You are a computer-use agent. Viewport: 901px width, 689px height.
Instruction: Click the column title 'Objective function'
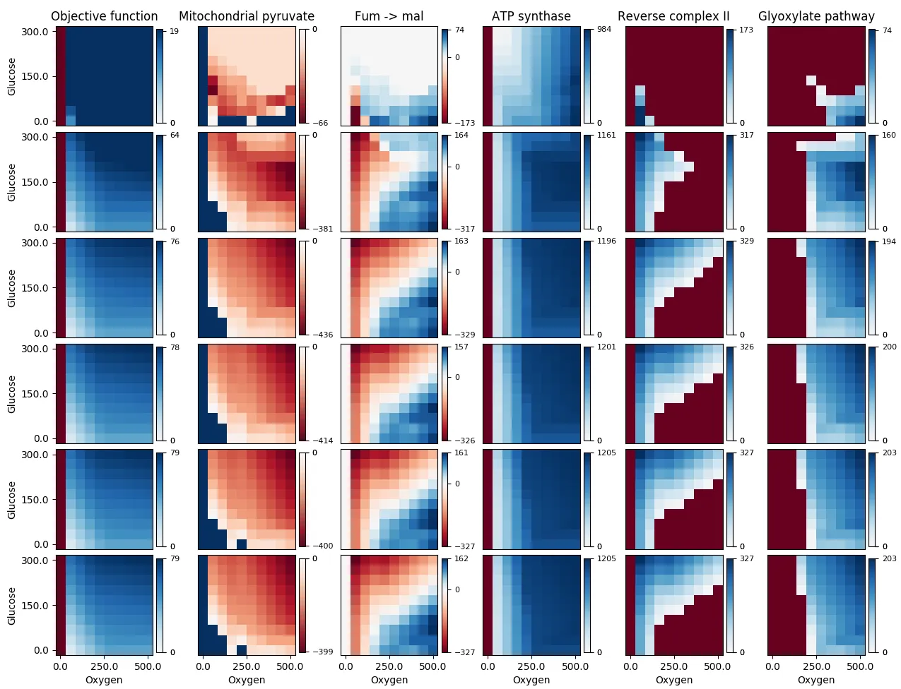coord(105,16)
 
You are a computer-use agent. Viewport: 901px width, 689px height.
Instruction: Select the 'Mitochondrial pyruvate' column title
coord(247,16)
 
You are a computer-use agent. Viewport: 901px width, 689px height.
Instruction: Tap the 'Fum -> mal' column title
coord(389,16)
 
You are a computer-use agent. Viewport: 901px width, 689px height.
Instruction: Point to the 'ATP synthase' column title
coord(531,16)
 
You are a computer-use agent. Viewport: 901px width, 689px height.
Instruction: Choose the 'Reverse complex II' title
coord(673,16)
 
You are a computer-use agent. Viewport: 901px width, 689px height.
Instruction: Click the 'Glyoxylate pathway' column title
coord(816,16)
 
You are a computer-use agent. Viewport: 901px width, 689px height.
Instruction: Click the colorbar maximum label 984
coord(604,30)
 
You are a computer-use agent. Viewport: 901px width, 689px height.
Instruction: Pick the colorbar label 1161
coord(606,136)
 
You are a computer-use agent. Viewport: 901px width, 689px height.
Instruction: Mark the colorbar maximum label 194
coord(889,241)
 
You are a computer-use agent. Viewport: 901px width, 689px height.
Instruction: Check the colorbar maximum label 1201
coord(606,347)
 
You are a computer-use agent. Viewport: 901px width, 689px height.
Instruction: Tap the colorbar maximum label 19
coord(174,32)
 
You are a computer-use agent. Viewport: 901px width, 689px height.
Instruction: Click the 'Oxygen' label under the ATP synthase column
coord(531,680)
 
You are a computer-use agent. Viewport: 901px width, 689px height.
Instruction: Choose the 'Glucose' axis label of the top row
coord(11,76)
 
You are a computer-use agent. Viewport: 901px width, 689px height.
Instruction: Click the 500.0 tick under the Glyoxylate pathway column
coord(856,666)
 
